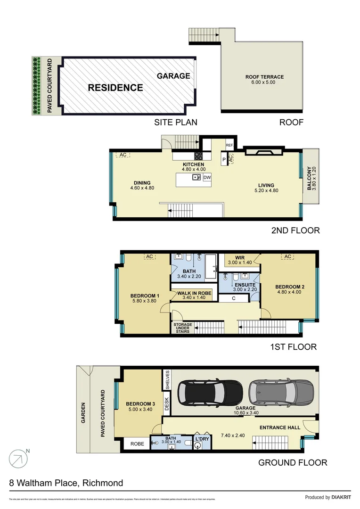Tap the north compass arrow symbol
pyautogui.click(x=17, y=458)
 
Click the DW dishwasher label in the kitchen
pyautogui.click(x=207, y=177)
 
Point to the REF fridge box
pyautogui.click(x=229, y=146)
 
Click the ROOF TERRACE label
pyautogui.click(x=264, y=77)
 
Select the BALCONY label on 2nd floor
pyautogui.click(x=310, y=178)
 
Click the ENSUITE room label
pyautogui.click(x=245, y=285)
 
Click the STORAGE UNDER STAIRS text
pyautogui.click(x=182, y=328)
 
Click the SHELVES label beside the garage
pyautogui.click(x=167, y=379)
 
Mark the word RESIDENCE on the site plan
pyautogui.click(x=115, y=88)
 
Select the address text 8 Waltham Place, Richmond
pyautogui.click(x=66, y=483)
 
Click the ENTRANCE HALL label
pyautogui.click(x=280, y=427)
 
